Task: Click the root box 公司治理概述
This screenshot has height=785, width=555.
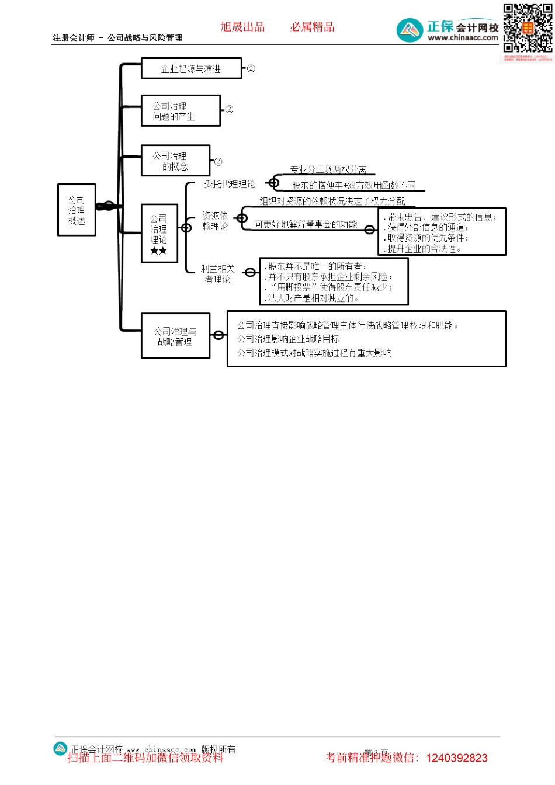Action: pyautogui.click(x=77, y=210)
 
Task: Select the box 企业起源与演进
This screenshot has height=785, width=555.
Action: pyautogui.click(x=191, y=69)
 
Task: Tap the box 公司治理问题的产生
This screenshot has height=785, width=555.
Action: pyautogui.click(x=181, y=111)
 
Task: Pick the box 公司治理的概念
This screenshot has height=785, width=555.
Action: pyautogui.click(x=175, y=161)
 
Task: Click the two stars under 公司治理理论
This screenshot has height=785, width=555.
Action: pyautogui.click(x=158, y=251)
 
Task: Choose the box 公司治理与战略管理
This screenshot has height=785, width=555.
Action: pyautogui.click(x=175, y=336)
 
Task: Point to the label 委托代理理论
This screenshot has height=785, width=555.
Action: pyautogui.click(x=229, y=185)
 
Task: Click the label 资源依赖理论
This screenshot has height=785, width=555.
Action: pyautogui.click(x=215, y=221)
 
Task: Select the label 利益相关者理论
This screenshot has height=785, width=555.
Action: pyautogui.click(x=217, y=274)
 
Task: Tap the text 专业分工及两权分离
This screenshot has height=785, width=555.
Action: pyautogui.click(x=328, y=169)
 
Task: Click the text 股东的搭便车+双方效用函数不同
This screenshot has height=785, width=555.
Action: pyautogui.click(x=353, y=185)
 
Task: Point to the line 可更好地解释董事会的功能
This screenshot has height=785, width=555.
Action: pyautogui.click(x=306, y=224)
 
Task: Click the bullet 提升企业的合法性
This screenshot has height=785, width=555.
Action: pyautogui.click(x=424, y=249)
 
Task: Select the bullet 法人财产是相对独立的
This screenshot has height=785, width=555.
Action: pyautogui.click(x=312, y=298)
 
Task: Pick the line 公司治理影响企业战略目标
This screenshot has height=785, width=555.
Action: pyautogui.click(x=288, y=339)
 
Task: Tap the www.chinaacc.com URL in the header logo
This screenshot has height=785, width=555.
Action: pyautogui.click(x=463, y=38)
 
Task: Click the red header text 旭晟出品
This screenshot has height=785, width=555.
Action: pyautogui.click(x=242, y=27)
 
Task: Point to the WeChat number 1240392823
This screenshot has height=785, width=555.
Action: pyautogui.click(x=457, y=758)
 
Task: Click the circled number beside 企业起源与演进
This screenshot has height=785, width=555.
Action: pyautogui.click(x=251, y=68)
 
